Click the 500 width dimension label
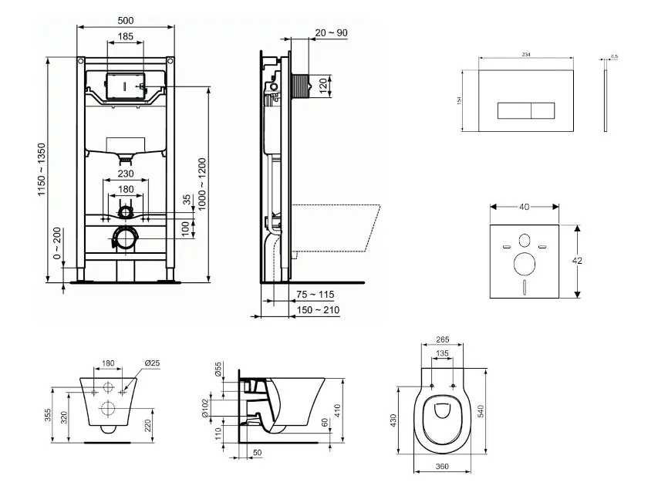pos(126,20)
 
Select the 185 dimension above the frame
pos(126,36)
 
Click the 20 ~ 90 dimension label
pos(331,33)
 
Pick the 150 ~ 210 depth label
pos(316,310)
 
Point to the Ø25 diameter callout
pos(151,363)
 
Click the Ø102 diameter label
pos(218,407)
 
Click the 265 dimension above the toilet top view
pos(443,339)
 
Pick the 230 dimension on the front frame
pos(126,174)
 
